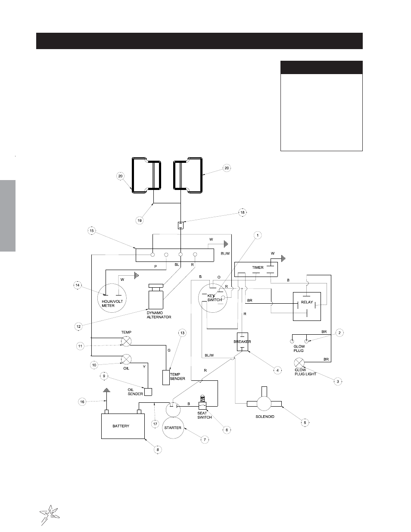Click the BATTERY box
pyautogui.click(x=123, y=426)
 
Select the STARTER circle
pyautogui.click(x=173, y=428)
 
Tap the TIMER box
pyautogui.click(x=256, y=269)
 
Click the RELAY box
pyautogui.click(x=307, y=306)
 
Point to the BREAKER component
pyautogui.click(x=243, y=342)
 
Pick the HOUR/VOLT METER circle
pyautogui.click(x=112, y=298)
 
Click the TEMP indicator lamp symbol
pyautogui.click(x=126, y=341)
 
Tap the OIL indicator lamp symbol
pyautogui.click(x=126, y=359)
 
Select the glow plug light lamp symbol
pyautogui.click(x=299, y=363)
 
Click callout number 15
pyautogui.click(x=92, y=230)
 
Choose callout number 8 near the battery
pyautogui.click(x=158, y=449)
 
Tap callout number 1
pyautogui.click(x=257, y=235)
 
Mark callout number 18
pyautogui.click(x=243, y=212)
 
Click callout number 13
pyautogui.click(x=182, y=333)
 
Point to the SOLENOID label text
pyautogui.click(x=265, y=417)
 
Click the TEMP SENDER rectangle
pyautogui.click(x=166, y=377)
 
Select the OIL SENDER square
pyautogui.click(x=148, y=392)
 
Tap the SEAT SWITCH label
pyautogui.click(x=204, y=415)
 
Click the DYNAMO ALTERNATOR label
pyautogui.click(x=159, y=315)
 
